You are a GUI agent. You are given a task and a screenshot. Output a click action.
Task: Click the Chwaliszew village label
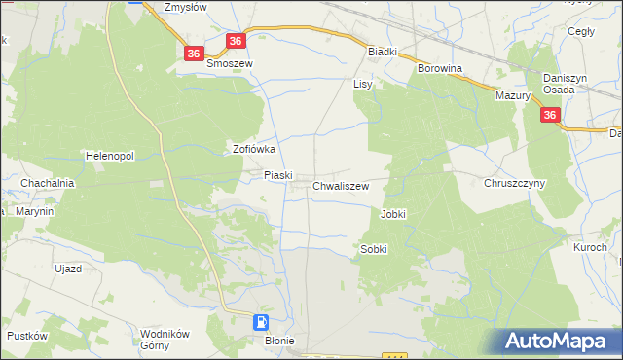click(341, 185)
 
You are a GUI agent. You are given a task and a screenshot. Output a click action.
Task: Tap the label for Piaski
click(278, 175)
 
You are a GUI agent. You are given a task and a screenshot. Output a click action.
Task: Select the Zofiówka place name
click(255, 150)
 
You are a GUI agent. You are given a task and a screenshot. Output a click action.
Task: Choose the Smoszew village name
click(230, 63)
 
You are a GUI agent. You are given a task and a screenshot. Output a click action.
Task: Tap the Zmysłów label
click(189, 7)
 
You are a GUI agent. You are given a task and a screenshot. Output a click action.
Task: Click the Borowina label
click(439, 69)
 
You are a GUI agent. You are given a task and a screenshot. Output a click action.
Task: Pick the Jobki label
click(393, 214)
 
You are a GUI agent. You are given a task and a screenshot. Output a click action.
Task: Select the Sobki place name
click(374, 249)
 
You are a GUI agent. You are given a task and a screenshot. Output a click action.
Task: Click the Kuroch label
click(590, 248)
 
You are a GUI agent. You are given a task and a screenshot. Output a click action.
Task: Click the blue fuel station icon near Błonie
click(262, 322)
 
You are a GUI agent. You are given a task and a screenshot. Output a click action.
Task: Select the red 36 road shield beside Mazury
click(551, 116)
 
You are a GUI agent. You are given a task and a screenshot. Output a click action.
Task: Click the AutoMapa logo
click(558, 342)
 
